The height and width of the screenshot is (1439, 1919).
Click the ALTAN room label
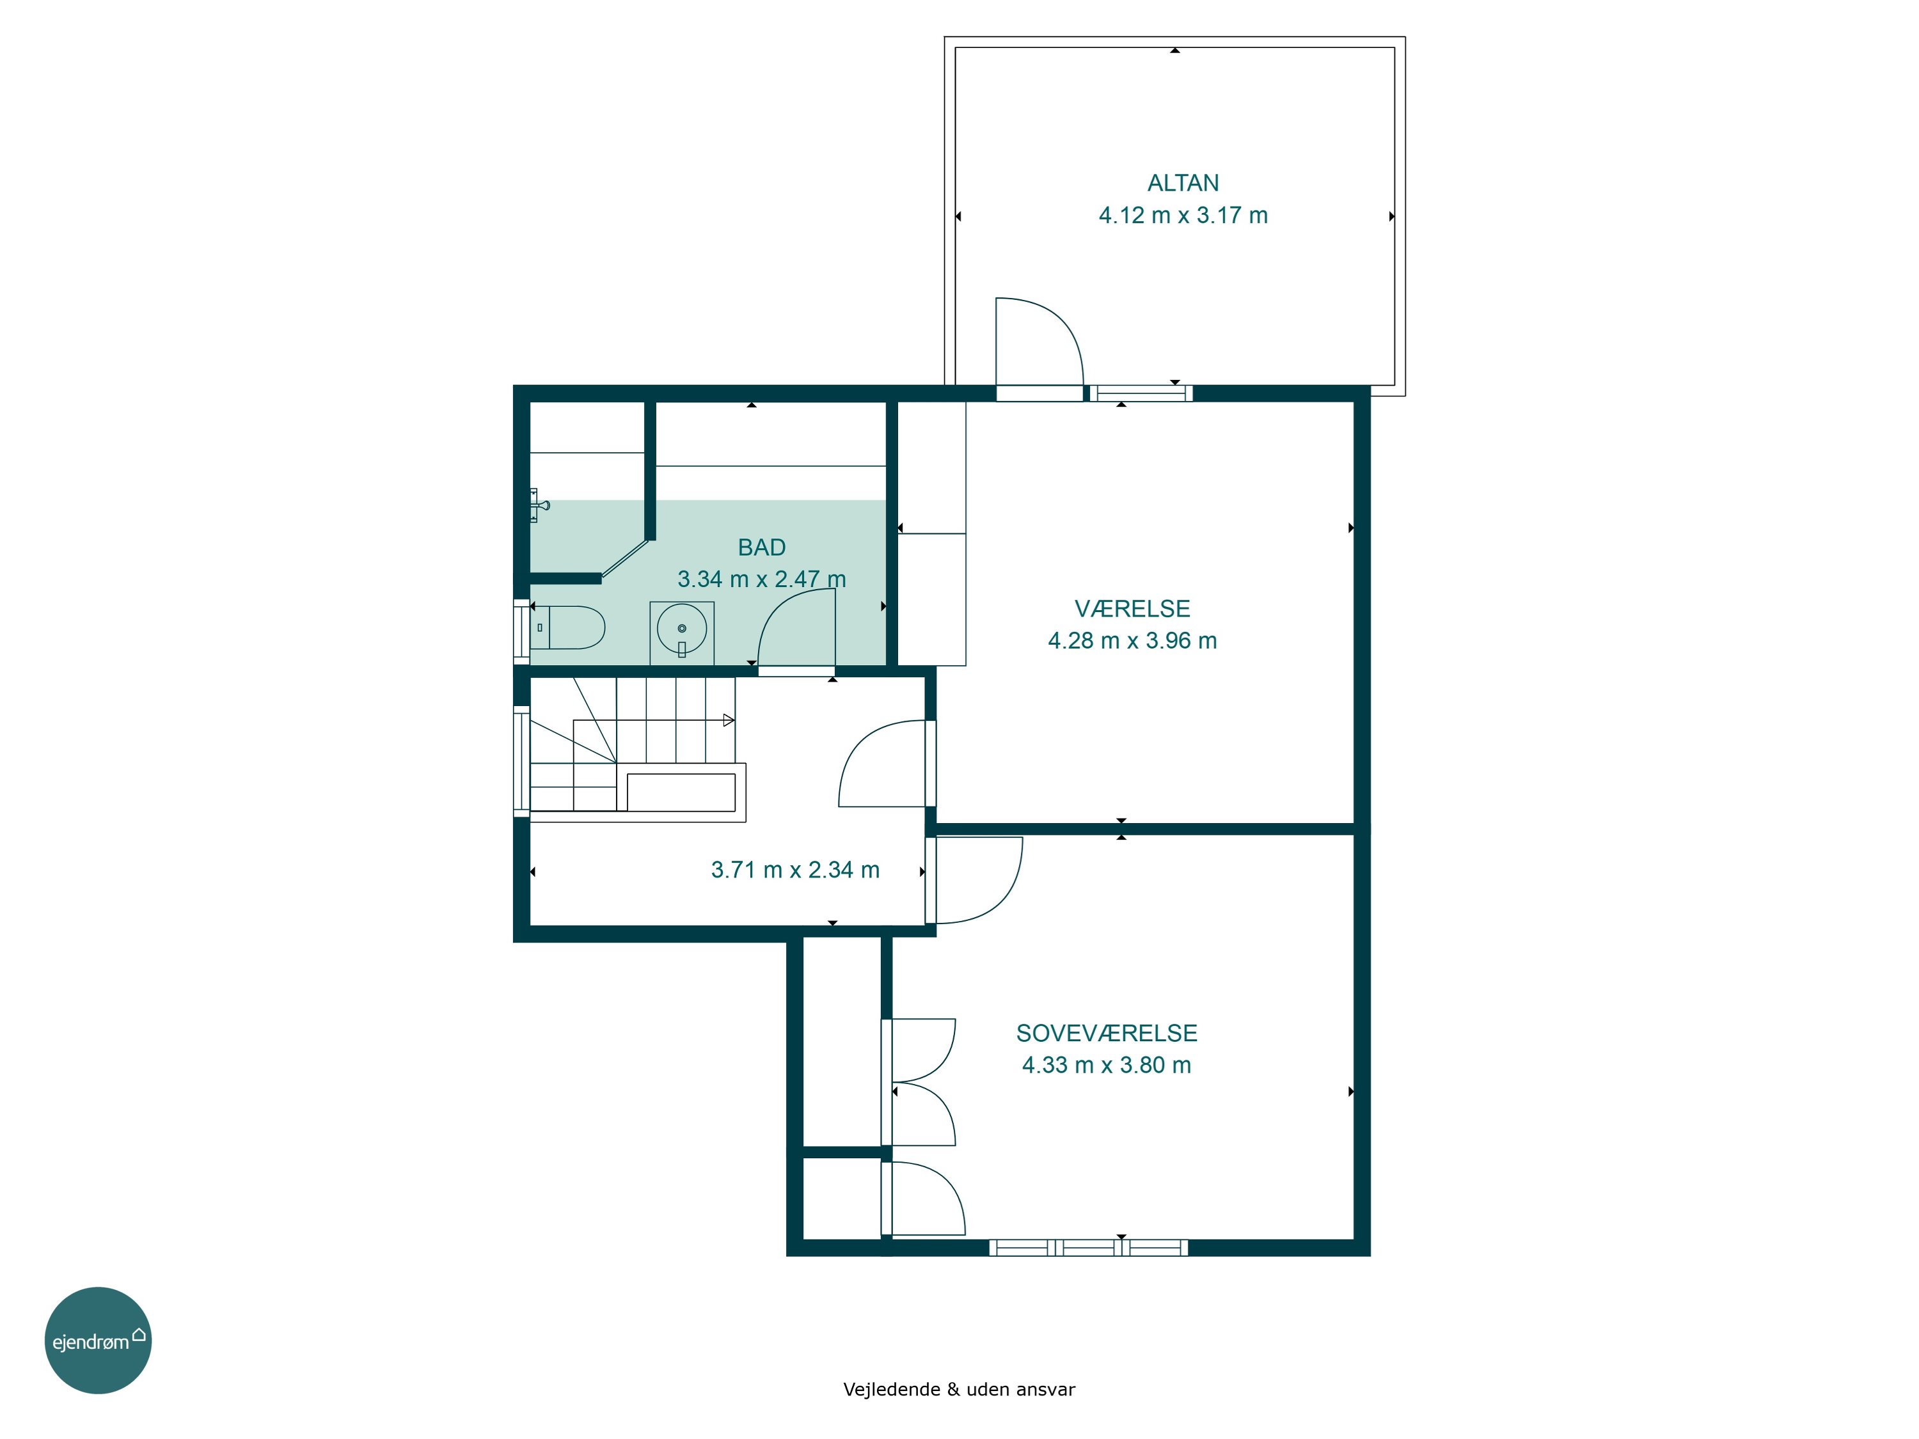click(1183, 183)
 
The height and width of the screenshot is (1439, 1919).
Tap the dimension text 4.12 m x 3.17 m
click(1183, 215)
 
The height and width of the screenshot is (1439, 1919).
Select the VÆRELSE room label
click(1132, 608)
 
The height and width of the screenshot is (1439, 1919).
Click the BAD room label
click(762, 547)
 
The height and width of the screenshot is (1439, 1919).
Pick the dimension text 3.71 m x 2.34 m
click(796, 870)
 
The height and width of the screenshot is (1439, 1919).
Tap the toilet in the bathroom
click(567, 627)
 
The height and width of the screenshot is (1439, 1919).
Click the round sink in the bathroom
click(682, 629)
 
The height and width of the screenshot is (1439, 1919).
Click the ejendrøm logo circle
click(98, 1340)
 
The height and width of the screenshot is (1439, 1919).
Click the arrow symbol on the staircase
click(729, 720)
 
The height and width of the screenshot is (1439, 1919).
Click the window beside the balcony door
click(1141, 393)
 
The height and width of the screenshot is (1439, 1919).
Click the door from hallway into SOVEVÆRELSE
click(974, 879)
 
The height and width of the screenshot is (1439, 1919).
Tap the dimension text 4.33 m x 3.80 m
click(1106, 1065)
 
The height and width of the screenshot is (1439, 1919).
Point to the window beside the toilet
click(521, 631)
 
